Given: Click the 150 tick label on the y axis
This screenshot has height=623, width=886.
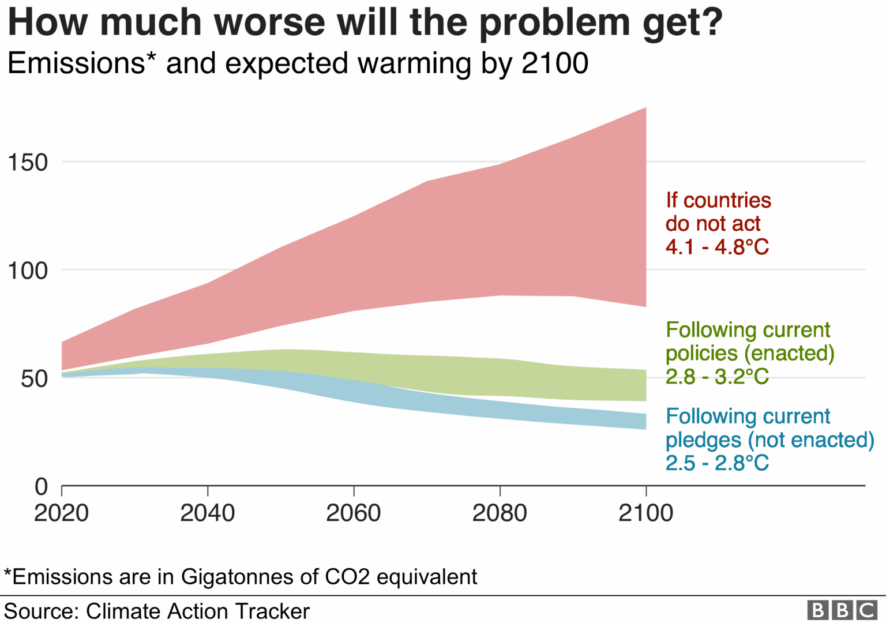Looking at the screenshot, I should tap(27, 163).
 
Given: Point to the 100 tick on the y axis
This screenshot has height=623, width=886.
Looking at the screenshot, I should tap(27, 271).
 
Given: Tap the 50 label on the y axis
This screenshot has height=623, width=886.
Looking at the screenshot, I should tap(34, 379).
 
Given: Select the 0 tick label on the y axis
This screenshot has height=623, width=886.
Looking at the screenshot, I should tap(41, 487).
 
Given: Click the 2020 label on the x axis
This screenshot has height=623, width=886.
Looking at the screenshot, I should tap(61, 513).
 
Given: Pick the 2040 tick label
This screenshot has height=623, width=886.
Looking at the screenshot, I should tap(208, 513).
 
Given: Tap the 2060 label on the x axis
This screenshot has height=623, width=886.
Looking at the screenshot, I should tap(354, 513).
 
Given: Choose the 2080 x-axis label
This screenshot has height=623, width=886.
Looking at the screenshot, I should tap(500, 513).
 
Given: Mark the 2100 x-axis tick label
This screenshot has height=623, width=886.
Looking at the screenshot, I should tap(645, 513).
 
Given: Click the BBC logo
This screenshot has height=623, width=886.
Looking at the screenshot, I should tap(842, 610).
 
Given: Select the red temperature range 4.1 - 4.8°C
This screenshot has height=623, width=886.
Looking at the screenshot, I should tap(717, 247).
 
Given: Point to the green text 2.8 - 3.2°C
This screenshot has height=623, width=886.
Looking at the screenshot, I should tap(717, 377).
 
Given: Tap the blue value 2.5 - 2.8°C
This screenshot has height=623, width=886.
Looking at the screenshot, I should tap(717, 463).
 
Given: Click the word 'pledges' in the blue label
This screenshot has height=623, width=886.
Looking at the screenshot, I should tap(703, 440).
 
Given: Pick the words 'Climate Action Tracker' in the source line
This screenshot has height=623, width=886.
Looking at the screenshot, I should tap(198, 611).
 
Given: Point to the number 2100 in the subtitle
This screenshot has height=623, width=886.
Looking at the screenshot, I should tap(555, 63).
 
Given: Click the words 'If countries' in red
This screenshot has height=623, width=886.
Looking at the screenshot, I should tap(718, 200).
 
